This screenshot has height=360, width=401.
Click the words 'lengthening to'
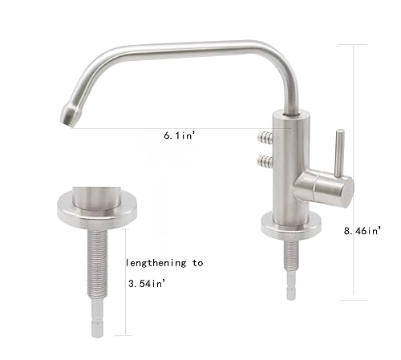click(164, 262)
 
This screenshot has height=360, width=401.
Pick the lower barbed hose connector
click(263, 161)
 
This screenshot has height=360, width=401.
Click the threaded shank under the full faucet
click(290, 257)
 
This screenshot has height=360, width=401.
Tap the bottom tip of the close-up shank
click(97, 329)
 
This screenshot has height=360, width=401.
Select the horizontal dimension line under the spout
click(160, 128)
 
